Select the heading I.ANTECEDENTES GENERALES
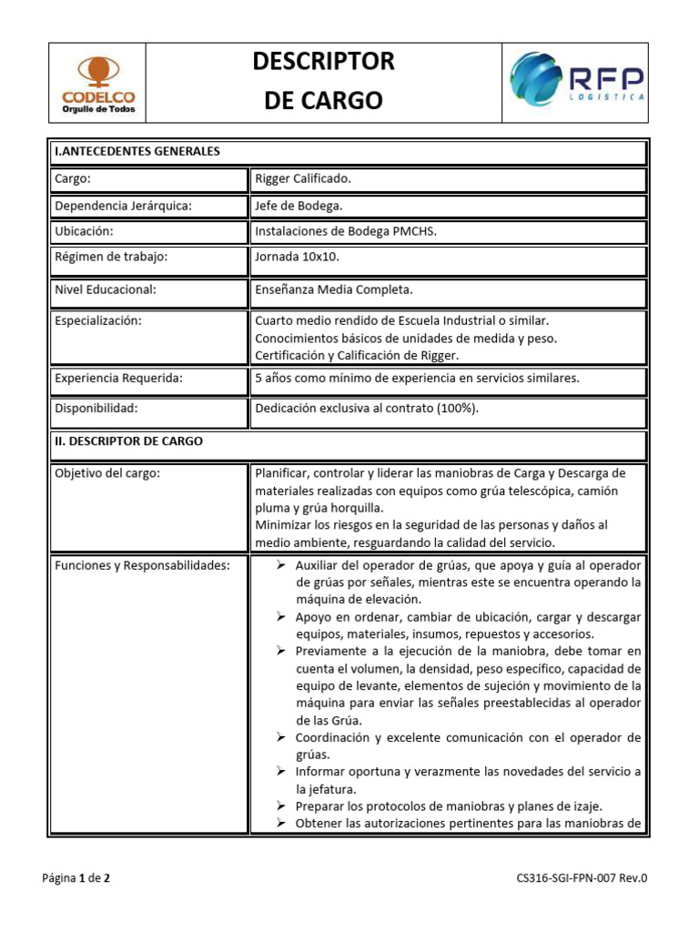coord(137,151)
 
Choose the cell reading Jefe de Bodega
coord(299,206)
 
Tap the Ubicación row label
coord(84,231)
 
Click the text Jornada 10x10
coord(297,257)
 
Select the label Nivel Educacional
coord(106,289)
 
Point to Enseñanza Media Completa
coord(334,289)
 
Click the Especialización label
coord(99,320)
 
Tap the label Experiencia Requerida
coord(118,377)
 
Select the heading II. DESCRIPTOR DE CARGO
coord(128,441)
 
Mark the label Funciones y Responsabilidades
coord(142,565)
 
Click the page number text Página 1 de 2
coord(77,878)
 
